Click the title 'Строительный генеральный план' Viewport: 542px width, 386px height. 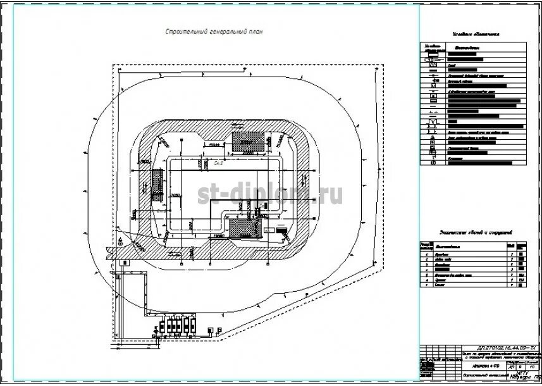click(x=213, y=31)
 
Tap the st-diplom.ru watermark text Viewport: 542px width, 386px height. click(x=271, y=195)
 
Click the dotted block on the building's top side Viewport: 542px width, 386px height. click(x=248, y=141)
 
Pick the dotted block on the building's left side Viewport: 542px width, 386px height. click(x=157, y=185)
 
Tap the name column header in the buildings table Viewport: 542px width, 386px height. click(x=468, y=246)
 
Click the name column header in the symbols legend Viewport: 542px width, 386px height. click(x=468, y=47)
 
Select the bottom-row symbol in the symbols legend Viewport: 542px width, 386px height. click(x=433, y=163)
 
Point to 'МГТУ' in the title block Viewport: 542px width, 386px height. click(x=522, y=373)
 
